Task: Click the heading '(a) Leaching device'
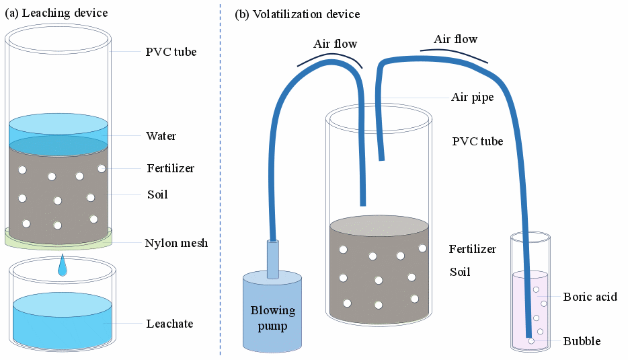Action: [56, 13]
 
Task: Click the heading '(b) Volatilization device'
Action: [297, 14]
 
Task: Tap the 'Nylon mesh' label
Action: [176, 243]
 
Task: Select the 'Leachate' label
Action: [169, 324]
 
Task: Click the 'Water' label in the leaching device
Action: [161, 136]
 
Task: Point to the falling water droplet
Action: [63, 267]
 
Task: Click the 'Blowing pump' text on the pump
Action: [272, 318]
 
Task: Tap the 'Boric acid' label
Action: [590, 297]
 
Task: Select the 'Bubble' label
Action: [582, 342]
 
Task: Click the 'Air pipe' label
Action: [472, 98]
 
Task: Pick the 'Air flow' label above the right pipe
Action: [455, 39]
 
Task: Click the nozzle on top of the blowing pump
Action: [272, 259]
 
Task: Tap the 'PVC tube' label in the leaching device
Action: [171, 52]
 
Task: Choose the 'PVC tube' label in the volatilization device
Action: [477, 141]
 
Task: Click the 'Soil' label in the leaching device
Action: [157, 195]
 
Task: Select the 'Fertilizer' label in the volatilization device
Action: [472, 250]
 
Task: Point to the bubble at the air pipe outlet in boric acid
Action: [531, 341]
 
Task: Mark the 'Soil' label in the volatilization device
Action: [460, 273]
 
